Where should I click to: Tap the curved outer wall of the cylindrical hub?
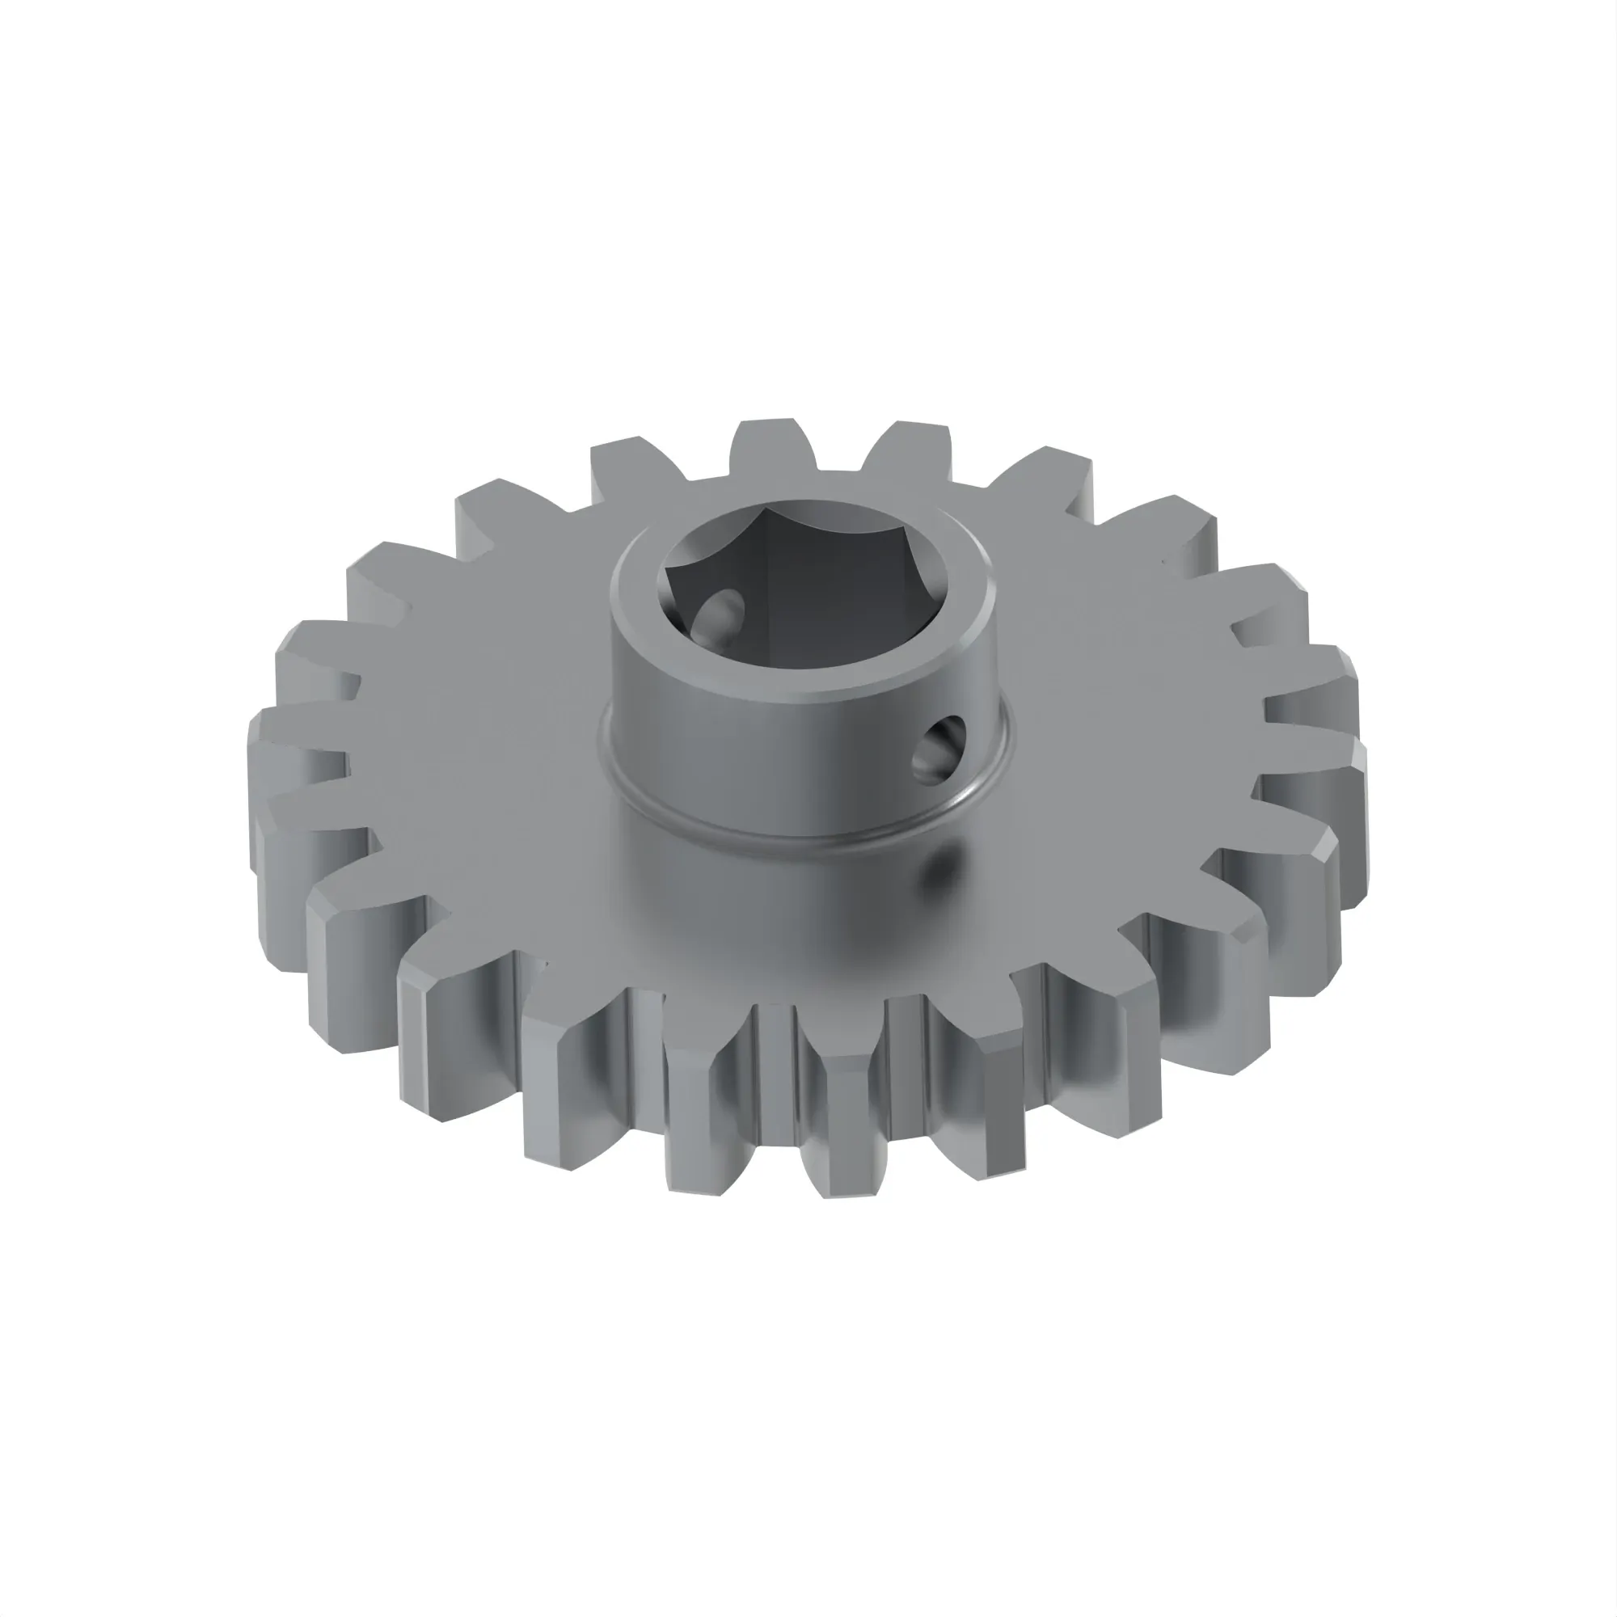tap(754, 754)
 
